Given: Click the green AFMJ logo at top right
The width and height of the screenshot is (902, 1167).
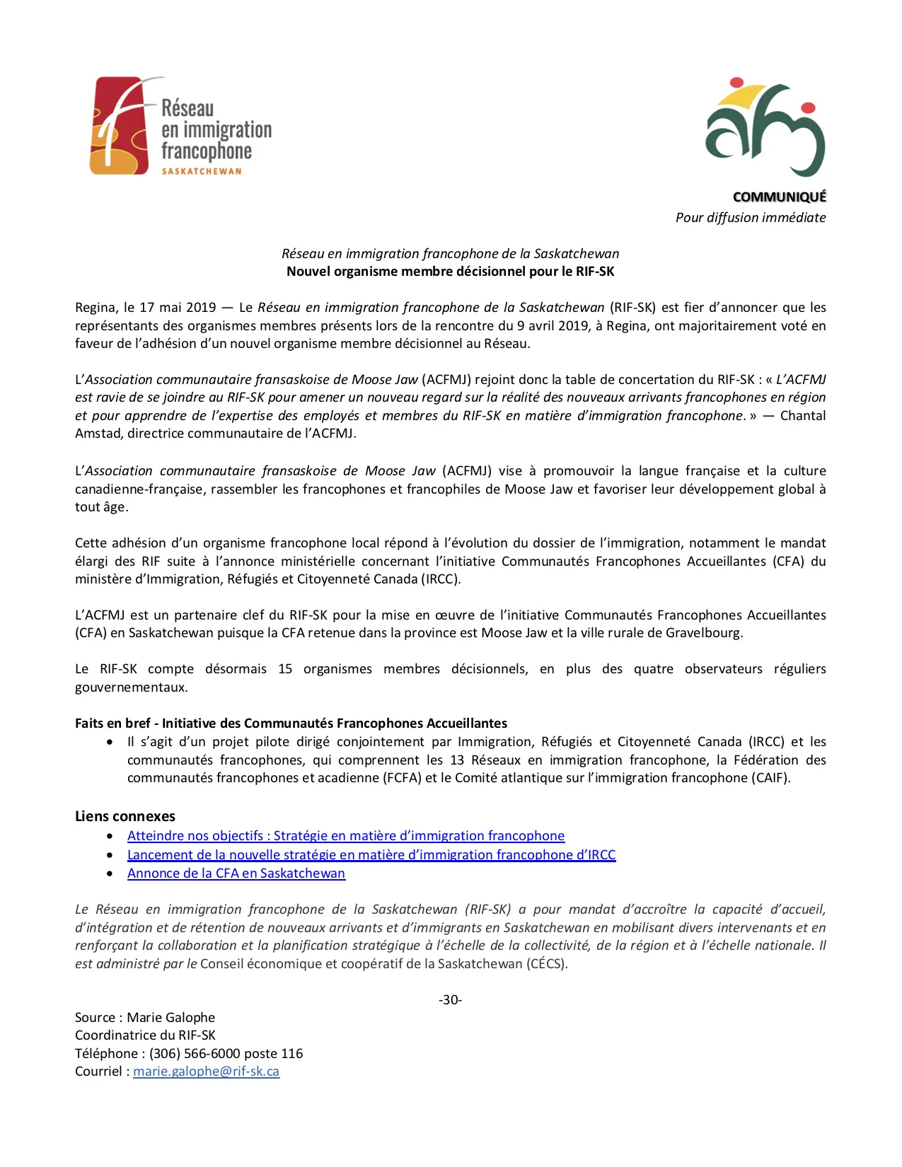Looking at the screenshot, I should point(765,127).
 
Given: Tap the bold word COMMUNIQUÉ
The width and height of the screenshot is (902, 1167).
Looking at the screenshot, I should point(779,197).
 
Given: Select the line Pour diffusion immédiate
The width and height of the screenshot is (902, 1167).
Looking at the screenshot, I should point(750,218).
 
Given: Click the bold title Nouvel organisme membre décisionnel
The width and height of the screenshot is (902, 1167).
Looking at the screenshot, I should point(450,272).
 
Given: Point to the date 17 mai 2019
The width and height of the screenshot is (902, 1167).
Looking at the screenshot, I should point(178,308).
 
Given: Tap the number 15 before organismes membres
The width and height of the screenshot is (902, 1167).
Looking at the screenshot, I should point(285,669).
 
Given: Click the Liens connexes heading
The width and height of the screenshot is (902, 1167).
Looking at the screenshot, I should point(125,816).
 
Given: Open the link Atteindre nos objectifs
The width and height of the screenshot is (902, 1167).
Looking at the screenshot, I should point(345,836).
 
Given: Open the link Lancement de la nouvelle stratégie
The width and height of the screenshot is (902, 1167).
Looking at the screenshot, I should point(371,855).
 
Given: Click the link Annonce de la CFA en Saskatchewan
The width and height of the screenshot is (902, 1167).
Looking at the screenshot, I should point(236,873).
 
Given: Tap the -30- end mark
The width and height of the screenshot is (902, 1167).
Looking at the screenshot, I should point(450,1000).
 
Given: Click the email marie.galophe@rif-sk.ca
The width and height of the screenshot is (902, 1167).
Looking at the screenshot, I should point(206,1072).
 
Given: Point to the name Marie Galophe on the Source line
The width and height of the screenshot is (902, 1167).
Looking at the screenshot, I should point(170,1018).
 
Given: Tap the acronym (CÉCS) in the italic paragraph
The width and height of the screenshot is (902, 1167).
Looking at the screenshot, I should point(546,964).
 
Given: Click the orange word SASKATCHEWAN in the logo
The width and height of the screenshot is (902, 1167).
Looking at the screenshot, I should point(202,171).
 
